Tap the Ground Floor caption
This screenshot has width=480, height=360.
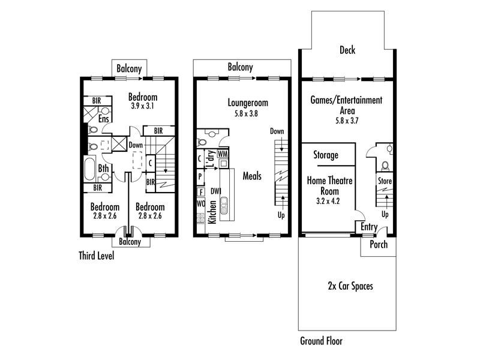(321, 341)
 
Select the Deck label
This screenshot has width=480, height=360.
(347, 50)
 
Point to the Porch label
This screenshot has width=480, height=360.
(378, 245)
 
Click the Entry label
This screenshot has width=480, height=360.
(368, 227)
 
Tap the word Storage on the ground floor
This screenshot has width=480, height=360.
(326, 155)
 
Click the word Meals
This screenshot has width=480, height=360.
(252, 176)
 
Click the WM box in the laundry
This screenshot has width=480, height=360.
(223, 155)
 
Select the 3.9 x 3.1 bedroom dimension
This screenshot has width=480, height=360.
(143, 106)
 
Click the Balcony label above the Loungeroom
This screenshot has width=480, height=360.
(240, 68)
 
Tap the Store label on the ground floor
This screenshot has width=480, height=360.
(385, 181)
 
